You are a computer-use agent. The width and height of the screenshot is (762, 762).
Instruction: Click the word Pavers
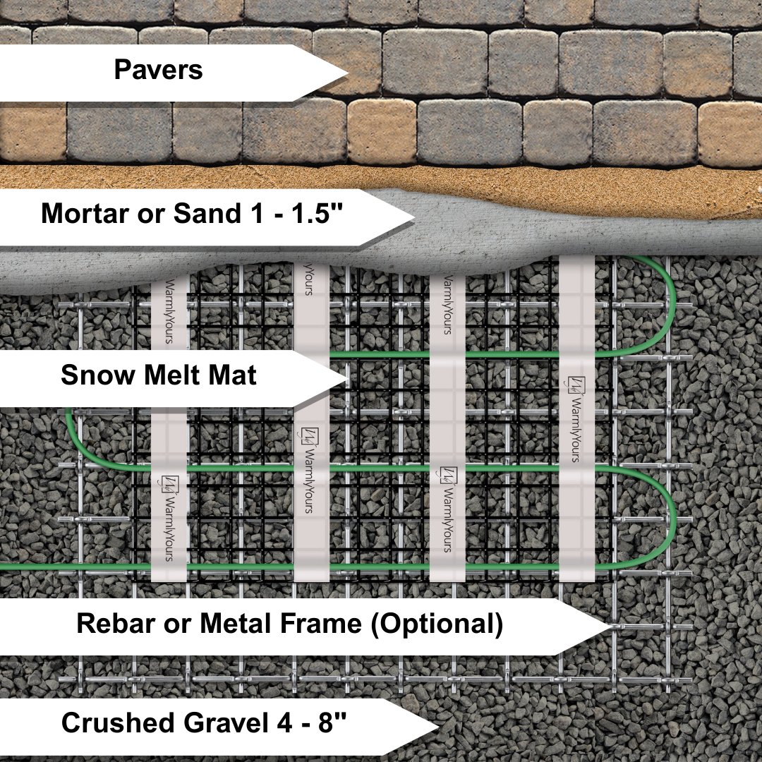click(x=158, y=71)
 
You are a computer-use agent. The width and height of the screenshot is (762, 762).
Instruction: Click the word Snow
click(x=97, y=375)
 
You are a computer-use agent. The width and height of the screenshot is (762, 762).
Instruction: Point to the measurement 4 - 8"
click(x=310, y=723)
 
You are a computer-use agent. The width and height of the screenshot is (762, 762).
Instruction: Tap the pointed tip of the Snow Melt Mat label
click(x=347, y=380)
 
